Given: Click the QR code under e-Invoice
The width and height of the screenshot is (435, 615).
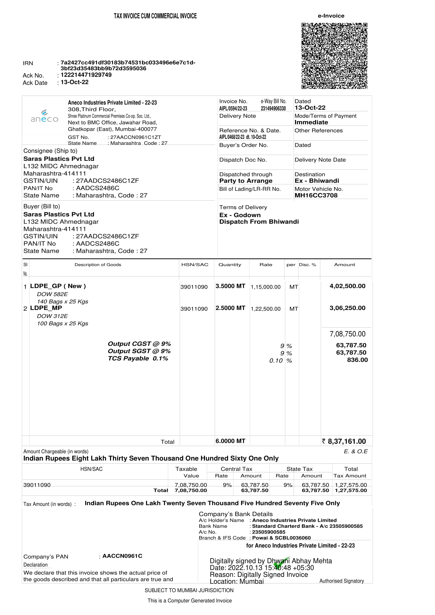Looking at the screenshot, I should [334, 56].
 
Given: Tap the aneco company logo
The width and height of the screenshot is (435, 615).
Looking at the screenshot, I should [44, 116].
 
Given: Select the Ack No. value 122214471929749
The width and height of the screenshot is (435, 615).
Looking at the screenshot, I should [86, 75].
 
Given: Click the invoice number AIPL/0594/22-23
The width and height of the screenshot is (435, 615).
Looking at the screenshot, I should [233, 108].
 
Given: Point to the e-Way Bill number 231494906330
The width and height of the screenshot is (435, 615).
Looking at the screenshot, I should [273, 108].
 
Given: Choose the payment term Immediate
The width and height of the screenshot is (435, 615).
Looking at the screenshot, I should [311, 122].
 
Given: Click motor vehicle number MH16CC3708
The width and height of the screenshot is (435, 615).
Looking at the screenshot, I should [316, 195].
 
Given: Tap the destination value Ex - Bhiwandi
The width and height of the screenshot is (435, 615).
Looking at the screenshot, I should [317, 181].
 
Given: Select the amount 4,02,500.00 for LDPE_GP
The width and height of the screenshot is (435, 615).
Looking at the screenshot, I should [347, 286].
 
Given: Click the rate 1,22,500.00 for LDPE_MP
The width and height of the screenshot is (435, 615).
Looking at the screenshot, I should [266, 309].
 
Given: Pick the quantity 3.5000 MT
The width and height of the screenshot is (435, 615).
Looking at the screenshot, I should [230, 286].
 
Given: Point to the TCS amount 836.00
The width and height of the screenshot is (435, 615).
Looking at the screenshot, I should [357, 360].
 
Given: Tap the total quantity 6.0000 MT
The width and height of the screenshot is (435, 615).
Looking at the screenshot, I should [230, 441].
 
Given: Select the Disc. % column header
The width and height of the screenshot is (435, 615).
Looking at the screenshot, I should [307, 265].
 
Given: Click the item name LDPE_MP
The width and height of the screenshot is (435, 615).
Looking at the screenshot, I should [46, 308].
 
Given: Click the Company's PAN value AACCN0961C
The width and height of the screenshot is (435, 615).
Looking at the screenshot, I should [122, 556].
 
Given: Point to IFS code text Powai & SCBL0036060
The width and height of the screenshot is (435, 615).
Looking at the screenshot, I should [281, 538].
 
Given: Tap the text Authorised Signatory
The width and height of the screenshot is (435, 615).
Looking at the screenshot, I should [341, 581].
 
